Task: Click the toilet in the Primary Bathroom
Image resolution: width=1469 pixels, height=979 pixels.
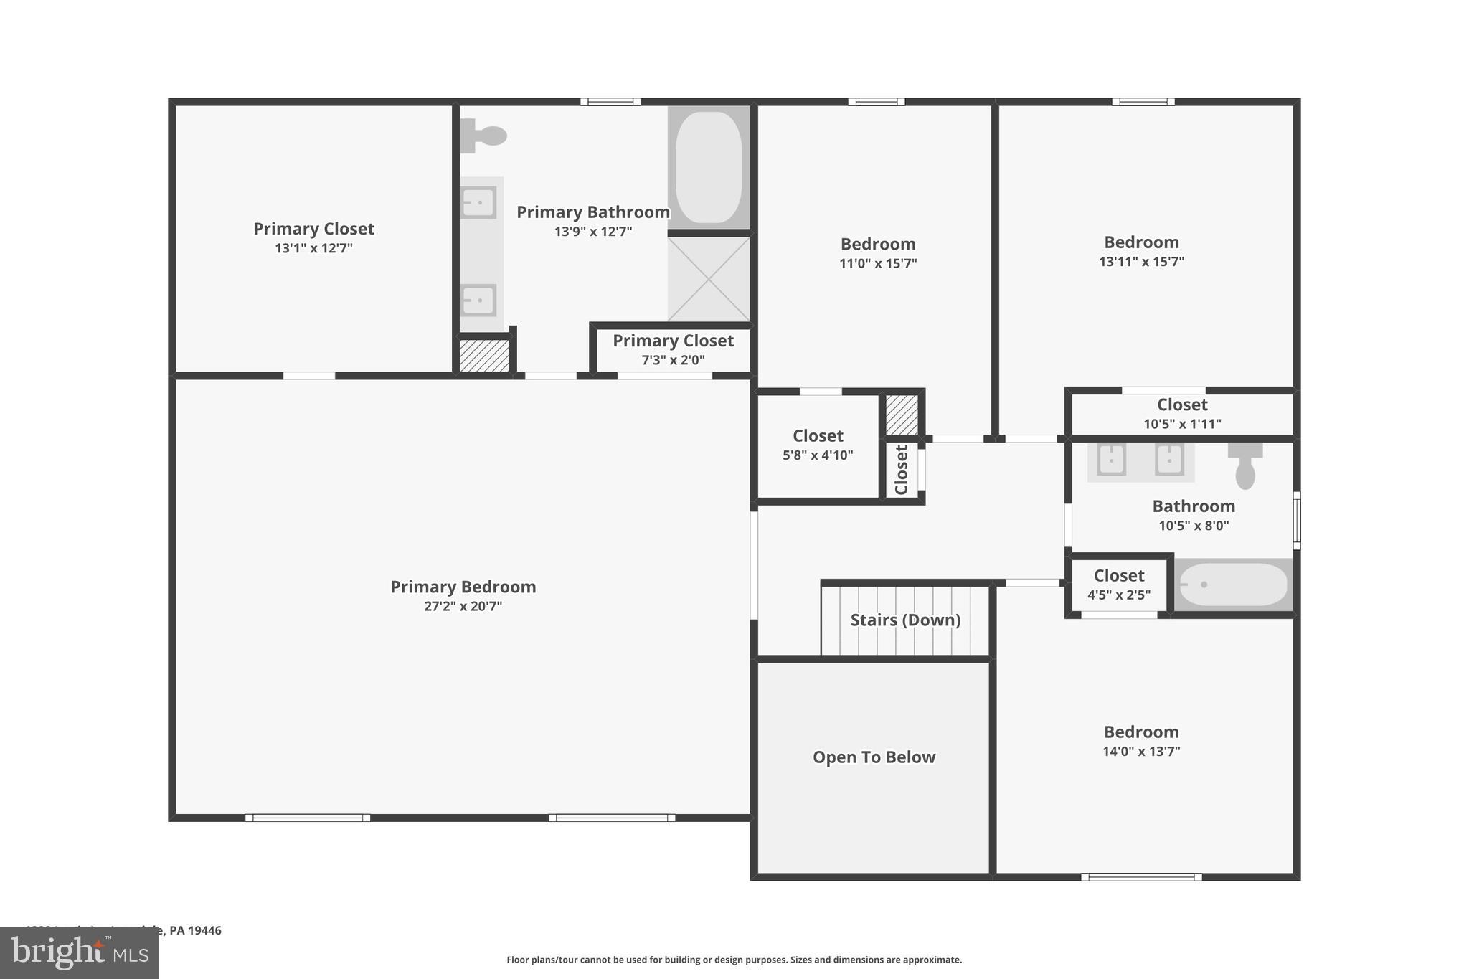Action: pos(483,136)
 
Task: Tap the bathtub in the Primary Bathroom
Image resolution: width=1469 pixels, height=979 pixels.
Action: pos(709,167)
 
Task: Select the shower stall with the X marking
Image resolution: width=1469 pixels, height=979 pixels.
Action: pos(709,279)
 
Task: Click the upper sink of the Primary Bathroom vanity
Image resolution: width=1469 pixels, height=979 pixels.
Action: pos(478,203)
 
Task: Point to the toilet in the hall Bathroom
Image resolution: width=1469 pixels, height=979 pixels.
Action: pos(1245,466)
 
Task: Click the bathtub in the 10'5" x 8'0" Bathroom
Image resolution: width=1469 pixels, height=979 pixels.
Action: pos(1233,585)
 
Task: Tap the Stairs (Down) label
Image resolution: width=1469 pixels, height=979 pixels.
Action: pos(905,620)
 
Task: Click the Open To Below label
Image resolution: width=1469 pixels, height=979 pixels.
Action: pos(874,757)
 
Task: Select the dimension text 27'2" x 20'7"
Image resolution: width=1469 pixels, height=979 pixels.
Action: pos(463,606)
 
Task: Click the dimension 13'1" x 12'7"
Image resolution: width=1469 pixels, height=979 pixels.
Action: pos(313,248)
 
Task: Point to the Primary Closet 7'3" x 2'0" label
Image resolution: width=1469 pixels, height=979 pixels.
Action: pos(673,341)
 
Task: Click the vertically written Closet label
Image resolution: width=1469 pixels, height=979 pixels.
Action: pos(902,470)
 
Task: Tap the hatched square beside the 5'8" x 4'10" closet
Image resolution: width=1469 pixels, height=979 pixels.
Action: pos(902,415)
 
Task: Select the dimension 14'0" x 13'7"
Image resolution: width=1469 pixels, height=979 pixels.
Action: pos(1141,752)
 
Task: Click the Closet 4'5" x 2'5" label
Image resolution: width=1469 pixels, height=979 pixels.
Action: pos(1119,576)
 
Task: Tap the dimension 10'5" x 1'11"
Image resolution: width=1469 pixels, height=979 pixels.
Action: pos(1182,424)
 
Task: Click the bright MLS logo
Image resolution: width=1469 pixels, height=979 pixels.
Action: pos(80,953)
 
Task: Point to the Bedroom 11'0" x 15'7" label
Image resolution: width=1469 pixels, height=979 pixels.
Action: pos(878,245)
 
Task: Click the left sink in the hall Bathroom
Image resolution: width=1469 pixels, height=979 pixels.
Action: pos(1112,460)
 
